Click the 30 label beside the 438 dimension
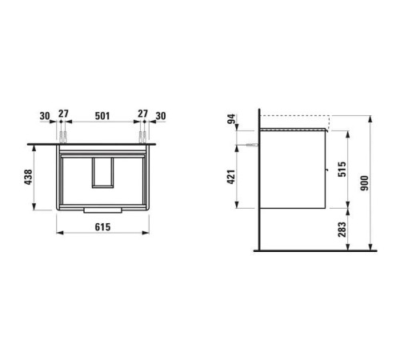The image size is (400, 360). [x=45, y=115]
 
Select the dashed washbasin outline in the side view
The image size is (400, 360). [x=294, y=122]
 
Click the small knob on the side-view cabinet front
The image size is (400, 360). [x=327, y=170]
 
